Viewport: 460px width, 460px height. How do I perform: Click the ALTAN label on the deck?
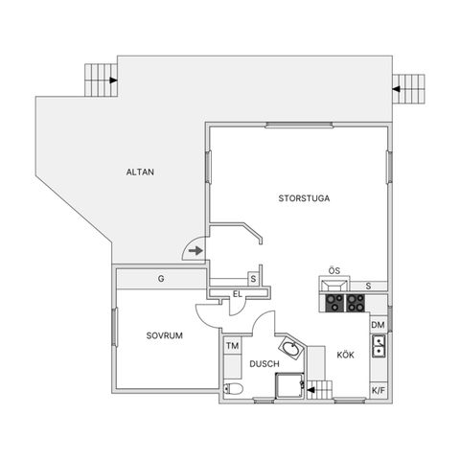(x=140, y=172)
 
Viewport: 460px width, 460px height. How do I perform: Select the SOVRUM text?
(x=165, y=336)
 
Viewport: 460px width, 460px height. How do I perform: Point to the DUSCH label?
(x=264, y=364)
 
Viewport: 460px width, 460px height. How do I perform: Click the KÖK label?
(x=345, y=354)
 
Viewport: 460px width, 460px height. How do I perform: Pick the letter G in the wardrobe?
(x=161, y=279)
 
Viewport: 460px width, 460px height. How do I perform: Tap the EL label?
(x=237, y=295)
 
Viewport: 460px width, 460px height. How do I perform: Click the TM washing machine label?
(x=231, y=345)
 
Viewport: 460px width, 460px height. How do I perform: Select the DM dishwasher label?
(x=379, y=327)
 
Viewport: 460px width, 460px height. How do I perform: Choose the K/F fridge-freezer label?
(x=379, y=391)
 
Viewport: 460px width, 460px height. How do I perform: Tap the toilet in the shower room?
(x=232, y=389)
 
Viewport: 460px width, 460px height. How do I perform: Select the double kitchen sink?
(x=379, y=346)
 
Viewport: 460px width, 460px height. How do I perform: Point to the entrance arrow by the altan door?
(x=195, y=251)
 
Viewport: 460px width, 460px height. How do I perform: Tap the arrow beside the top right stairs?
(x=396, y=90)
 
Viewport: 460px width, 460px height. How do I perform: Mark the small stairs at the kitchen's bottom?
(x=325, y=389)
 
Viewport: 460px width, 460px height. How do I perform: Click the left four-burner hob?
(x=335, y=304)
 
